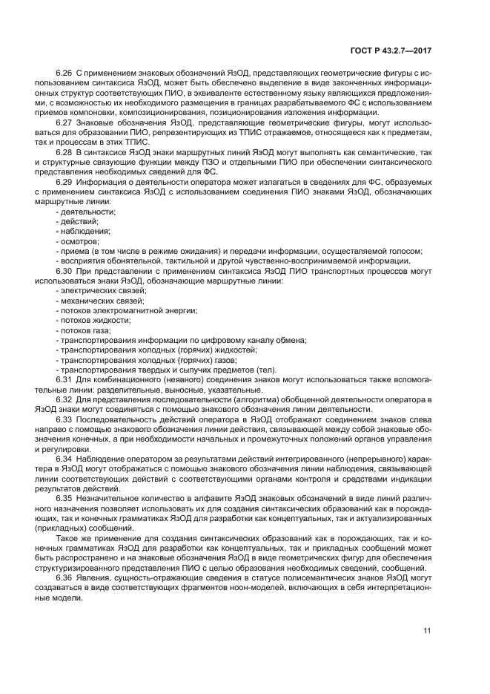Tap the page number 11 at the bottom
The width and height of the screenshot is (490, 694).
point(427,631)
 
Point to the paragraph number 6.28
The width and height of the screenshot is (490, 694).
point(64,151)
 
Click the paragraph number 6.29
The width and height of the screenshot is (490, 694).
point(64,181)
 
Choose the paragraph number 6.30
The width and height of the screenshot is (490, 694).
point(64,271)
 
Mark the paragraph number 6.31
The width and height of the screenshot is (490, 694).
point(64,379)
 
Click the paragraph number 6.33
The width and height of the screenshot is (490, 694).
point(64,419)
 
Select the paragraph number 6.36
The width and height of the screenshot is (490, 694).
point(64,577)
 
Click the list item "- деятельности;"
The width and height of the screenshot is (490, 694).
point(85,212)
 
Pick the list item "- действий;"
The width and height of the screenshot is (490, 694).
point(77,221)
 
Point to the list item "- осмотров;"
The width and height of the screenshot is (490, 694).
point(78,241)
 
